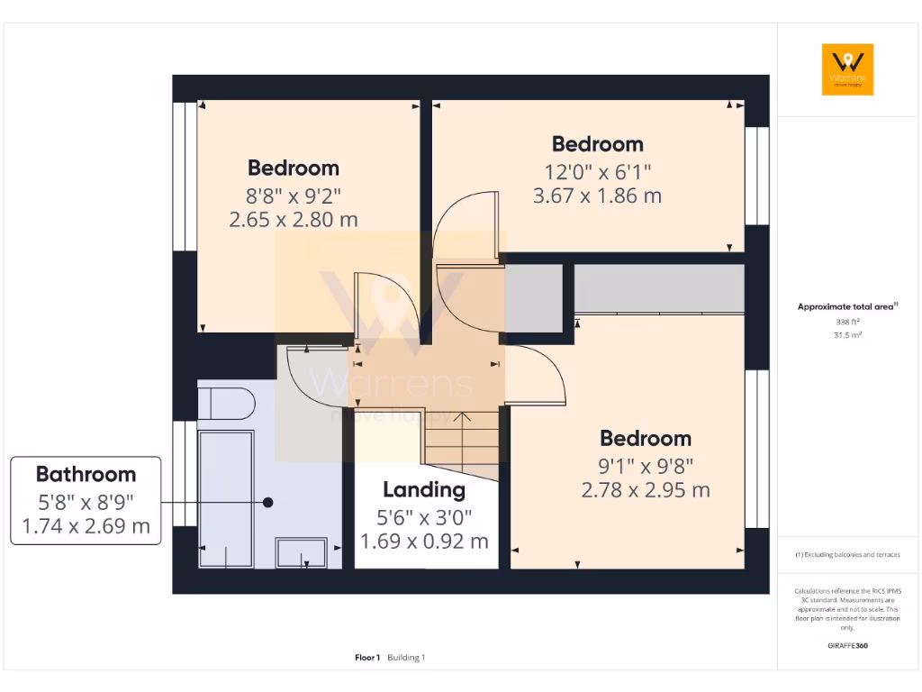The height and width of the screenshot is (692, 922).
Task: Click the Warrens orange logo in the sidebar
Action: click(847, 69)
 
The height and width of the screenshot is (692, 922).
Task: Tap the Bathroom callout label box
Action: click(86, 500)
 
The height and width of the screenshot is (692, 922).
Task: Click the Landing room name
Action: click(424, 490)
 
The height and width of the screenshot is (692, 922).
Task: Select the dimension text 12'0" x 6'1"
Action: click(597, 171)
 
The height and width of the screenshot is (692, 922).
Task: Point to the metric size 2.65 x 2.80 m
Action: click(294, 219)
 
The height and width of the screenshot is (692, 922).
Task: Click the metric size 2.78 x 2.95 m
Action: click(646, 490)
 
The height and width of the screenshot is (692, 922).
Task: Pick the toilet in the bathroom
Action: click(225, 404)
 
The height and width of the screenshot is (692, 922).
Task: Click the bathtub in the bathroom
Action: click(226, 497)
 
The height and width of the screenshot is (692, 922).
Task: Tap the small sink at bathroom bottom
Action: click(301, 552)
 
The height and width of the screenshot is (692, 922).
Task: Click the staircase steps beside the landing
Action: click(461, 442)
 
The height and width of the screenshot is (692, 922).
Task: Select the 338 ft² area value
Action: click(847, 321)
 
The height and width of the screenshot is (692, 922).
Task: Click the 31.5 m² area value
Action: click(847, 333)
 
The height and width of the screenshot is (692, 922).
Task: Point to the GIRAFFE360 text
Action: click(847, 645)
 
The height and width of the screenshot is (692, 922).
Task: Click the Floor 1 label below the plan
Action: click(367, 658)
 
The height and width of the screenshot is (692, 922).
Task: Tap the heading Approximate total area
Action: click(846, 307)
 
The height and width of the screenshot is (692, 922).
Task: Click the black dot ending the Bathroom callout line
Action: click(267, 502)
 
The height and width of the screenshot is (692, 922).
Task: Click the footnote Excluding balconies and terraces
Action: click(847, 554)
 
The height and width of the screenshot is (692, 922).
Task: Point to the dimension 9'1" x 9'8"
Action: click(646, 465)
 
